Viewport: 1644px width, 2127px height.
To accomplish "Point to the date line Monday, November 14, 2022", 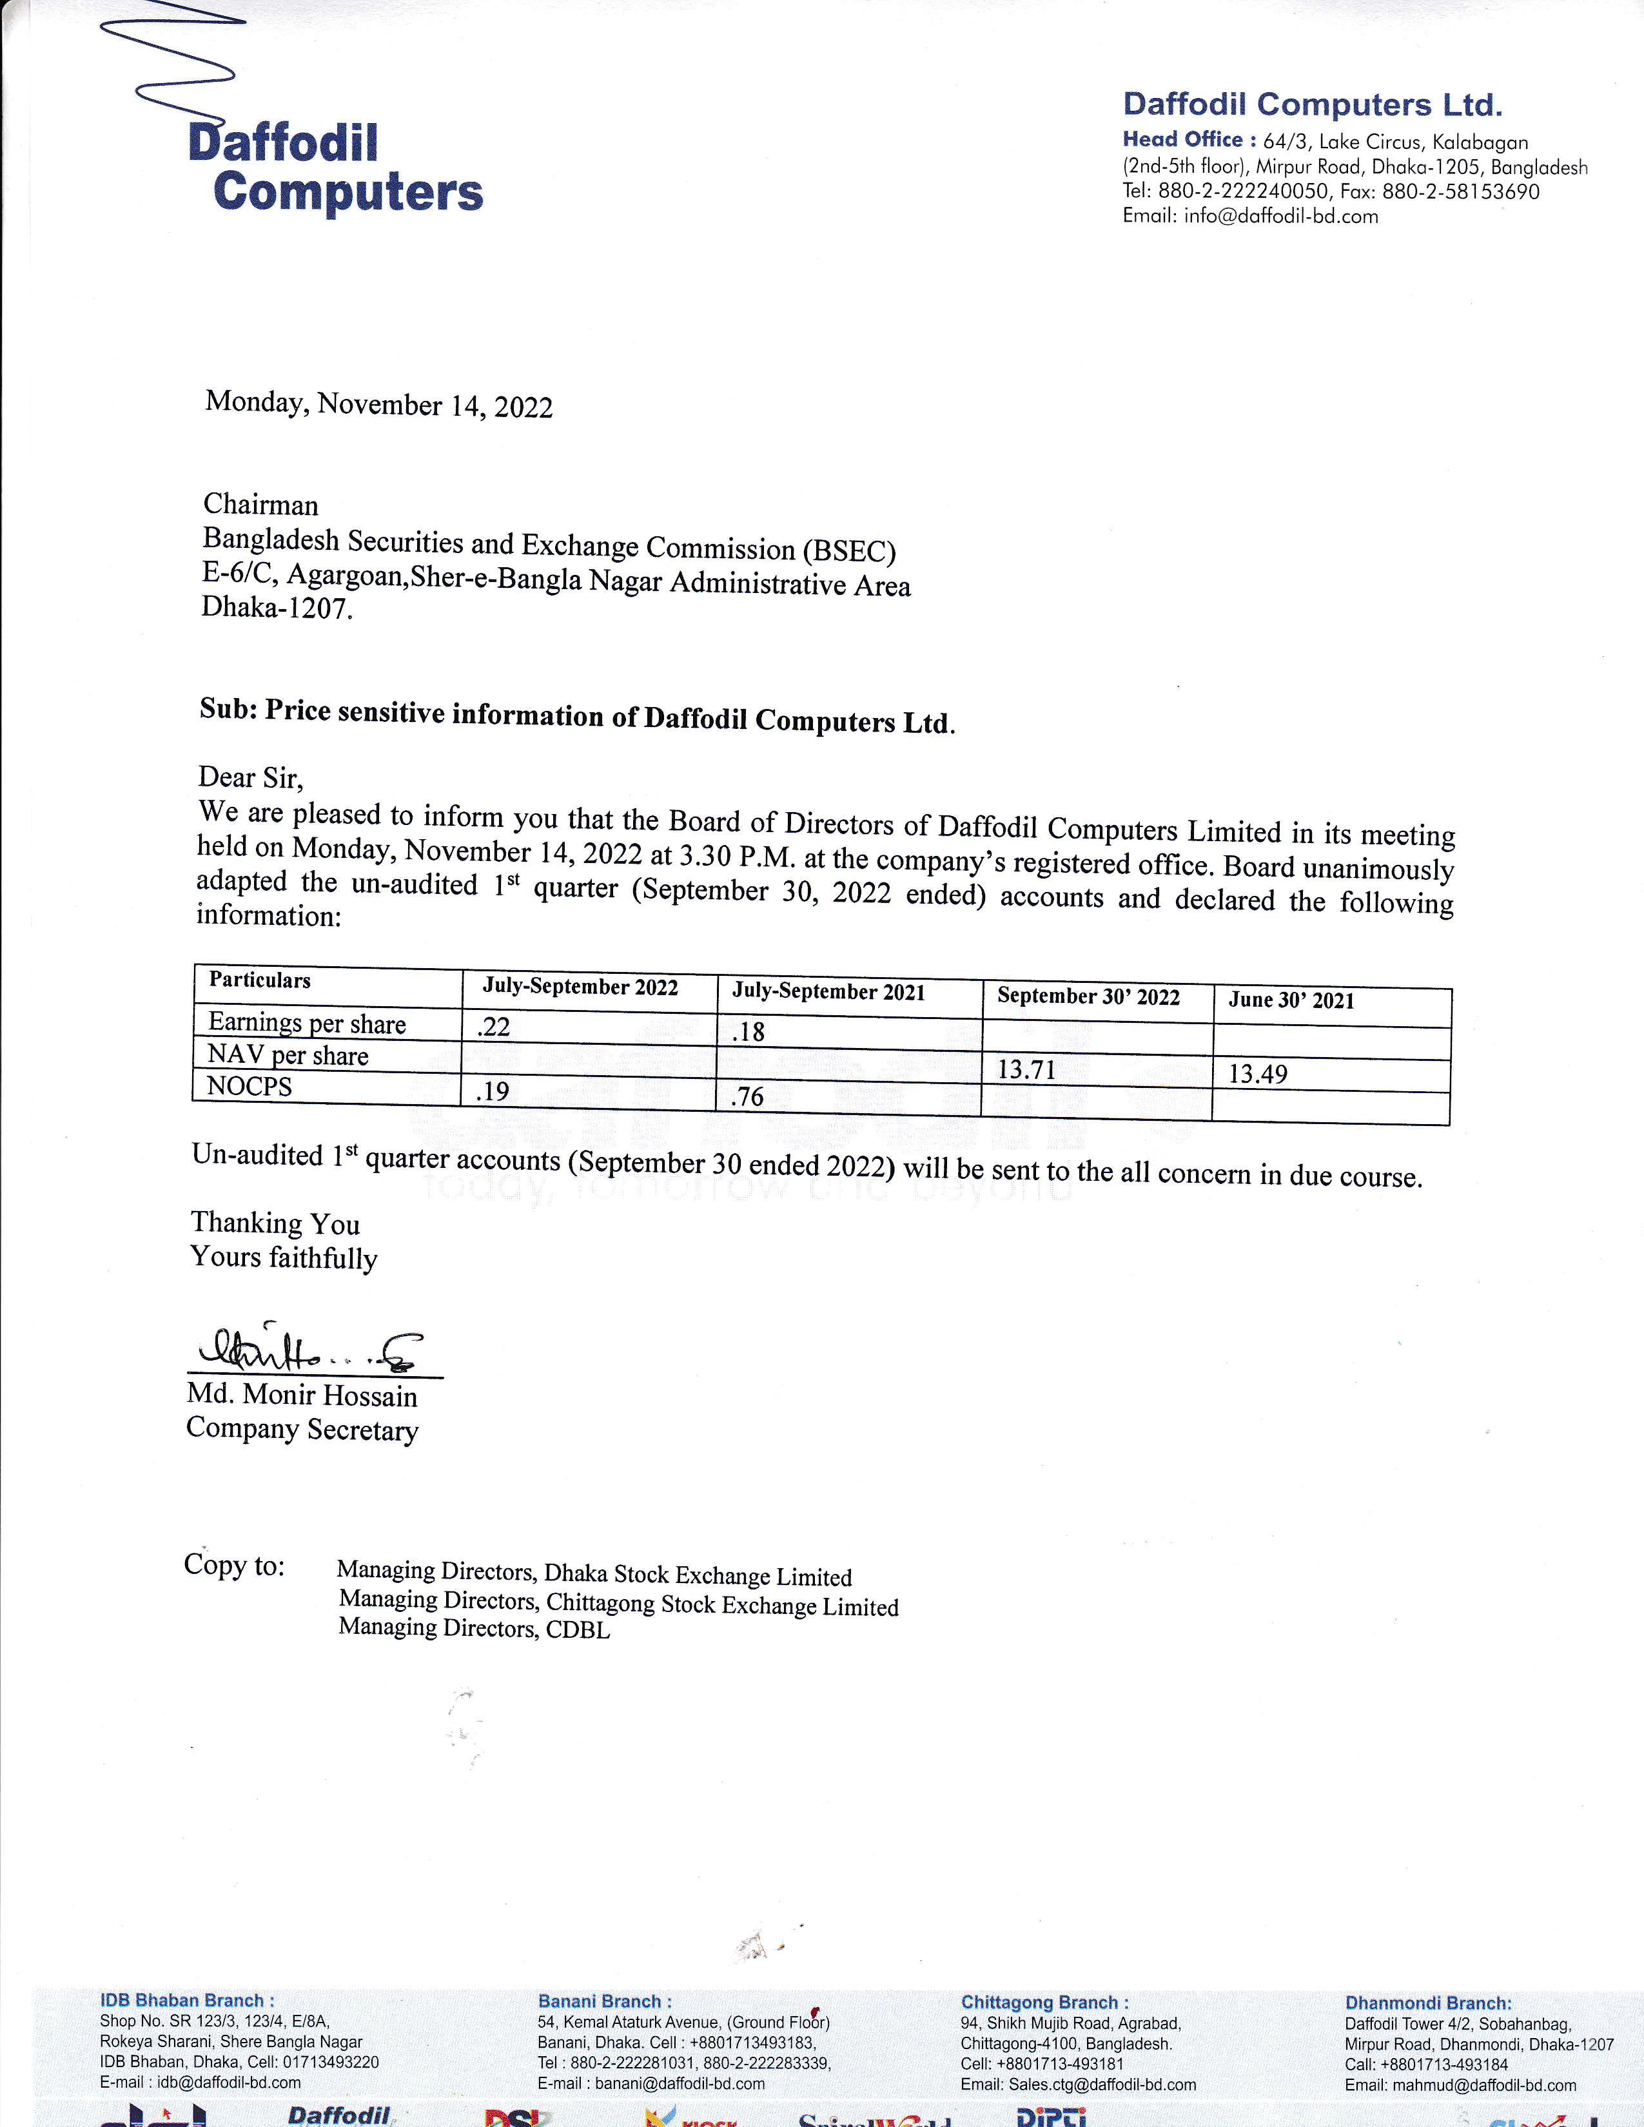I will [x=379, y=404].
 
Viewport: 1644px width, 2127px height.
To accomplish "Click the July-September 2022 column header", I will [x=580, y=987].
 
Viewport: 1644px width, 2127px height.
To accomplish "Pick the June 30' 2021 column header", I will [x=1291, y=1000].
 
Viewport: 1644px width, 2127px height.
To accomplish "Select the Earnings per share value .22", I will [x=494, y=1027].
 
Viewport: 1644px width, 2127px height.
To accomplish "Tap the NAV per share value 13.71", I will [x=1026, y=1069].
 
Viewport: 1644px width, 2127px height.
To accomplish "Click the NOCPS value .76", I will [x=747, y=1096].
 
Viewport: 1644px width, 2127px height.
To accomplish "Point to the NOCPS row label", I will [x=250, y=1086].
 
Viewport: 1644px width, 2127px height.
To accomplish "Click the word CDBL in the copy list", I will [x=578, y=1630].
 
